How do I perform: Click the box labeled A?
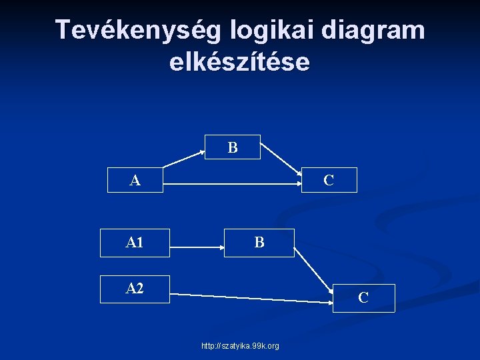click(x=135, y=180)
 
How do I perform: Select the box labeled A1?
click(x=135, y=243)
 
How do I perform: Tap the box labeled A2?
click(x=135, y=289)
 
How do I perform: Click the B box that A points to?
click(x=233, y=147)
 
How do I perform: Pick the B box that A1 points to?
click(x=259, y=243)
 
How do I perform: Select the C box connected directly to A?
click(x=329, y=180)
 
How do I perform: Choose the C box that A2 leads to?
click(x=363, y=298)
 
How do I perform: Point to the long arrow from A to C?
click(x=233, y=181)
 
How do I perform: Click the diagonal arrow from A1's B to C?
click(x=313, y=271)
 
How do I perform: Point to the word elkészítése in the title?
click(x=239, y=62)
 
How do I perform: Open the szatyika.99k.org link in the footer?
click(x=240, y=346)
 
